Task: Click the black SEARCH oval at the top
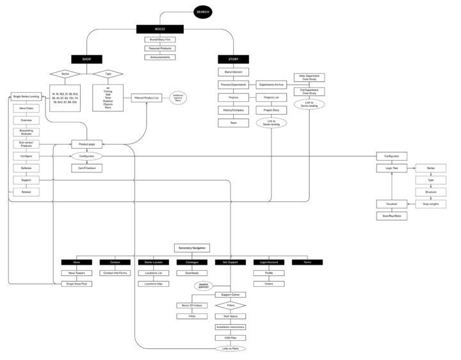(202, 12)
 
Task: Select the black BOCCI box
(159, 29)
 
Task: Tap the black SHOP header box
(86, 59)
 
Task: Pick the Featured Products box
(159, 48)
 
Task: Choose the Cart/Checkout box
(86, 168)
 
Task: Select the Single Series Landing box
(26, 97)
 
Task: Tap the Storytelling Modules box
(26, 132)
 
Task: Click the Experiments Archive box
(271, 84)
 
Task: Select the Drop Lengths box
(430, 204)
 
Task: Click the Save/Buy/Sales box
(391, 216)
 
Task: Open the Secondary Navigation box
(191, 248)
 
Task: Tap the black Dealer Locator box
(153, 262)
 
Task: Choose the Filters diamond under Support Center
(230, 306)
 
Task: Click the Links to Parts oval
(230, 348)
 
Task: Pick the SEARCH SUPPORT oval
(204, 286)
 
